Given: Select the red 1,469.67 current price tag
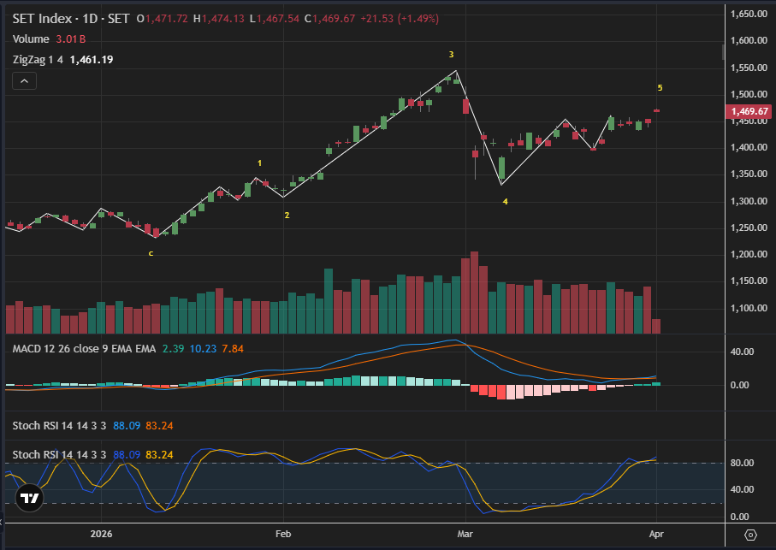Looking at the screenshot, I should [x=749, y=112].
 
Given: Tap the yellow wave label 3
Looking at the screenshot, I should [x=452, y=55].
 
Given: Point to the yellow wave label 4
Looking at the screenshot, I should [x=505, y=202].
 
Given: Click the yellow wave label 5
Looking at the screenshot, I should [x=660, y=88].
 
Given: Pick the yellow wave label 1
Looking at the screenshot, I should [x=260, y=163].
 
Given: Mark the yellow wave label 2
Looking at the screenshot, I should [x=287, y=216].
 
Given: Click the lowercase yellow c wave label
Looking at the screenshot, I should [x=151, y=253].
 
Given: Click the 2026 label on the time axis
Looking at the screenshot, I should [x=101, y=535].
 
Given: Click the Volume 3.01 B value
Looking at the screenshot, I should [x=71, y=38].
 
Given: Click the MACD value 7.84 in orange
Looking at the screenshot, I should [x=233, y=348].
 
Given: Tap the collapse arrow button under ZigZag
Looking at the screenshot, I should [x=24, y=81].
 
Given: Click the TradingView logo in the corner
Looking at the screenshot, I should [x=30, y=499].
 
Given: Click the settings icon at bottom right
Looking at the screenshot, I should [x=750, y=535].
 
